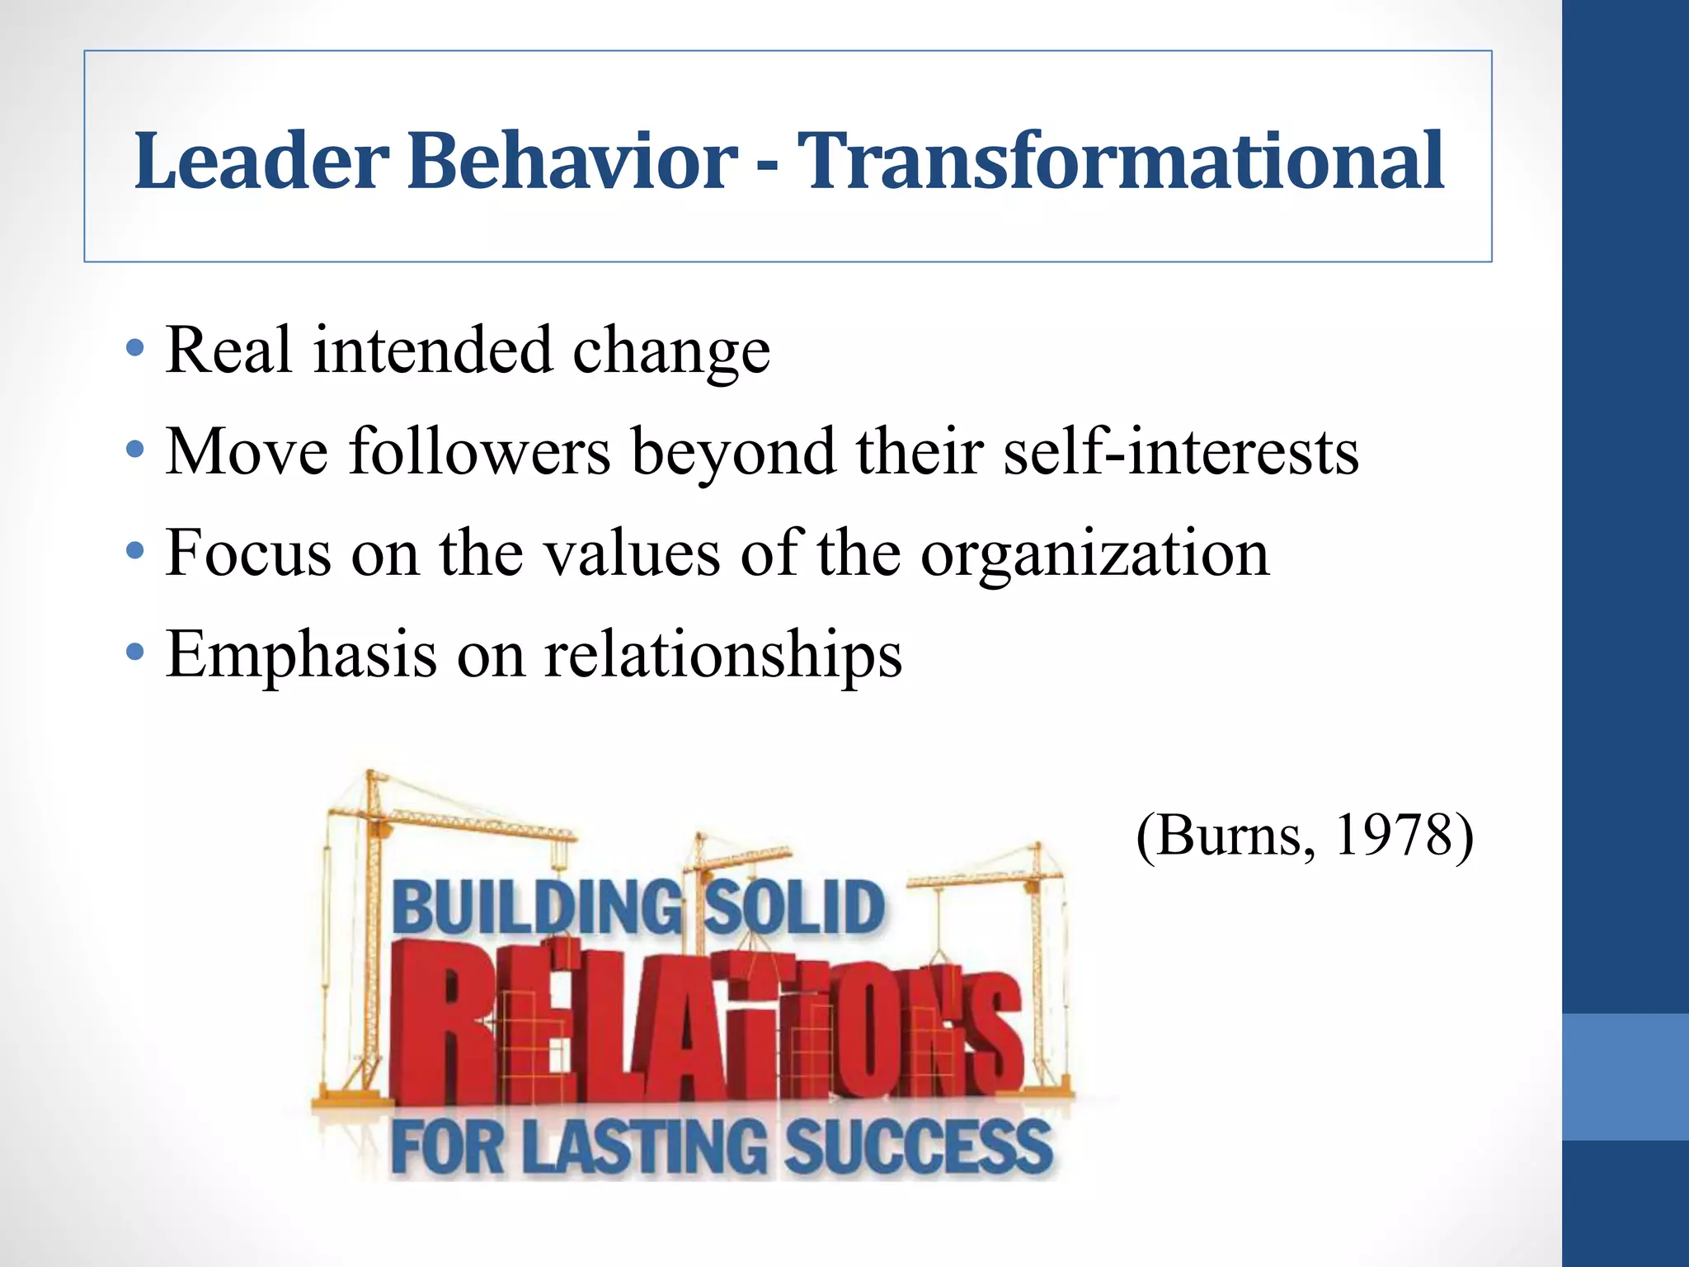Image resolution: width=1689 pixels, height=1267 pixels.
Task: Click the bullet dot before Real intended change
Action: point(135,350)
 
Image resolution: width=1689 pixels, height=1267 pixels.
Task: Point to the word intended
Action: point(432,350)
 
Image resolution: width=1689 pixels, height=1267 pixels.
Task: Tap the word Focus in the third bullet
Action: point(248,553)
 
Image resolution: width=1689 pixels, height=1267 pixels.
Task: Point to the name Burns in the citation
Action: point(1229,835)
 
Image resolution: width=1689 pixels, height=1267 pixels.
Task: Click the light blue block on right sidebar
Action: point(1625,1076)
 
